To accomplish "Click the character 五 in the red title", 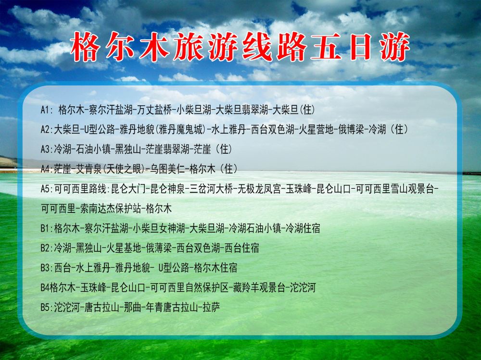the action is coord(326,47).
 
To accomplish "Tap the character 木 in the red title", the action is coord(154,47).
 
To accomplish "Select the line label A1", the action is coord(45,110).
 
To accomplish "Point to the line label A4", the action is coord(46,169).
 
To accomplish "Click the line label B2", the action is coord(46,248).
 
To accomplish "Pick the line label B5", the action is coord(46,307).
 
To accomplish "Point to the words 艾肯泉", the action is coord(89,169).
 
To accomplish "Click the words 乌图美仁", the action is coord(167,169).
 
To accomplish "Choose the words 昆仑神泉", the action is coord(168,188).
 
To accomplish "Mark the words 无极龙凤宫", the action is coord(260,188).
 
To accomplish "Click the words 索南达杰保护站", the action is coord(111,209).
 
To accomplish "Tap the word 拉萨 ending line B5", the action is coord(211,307).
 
